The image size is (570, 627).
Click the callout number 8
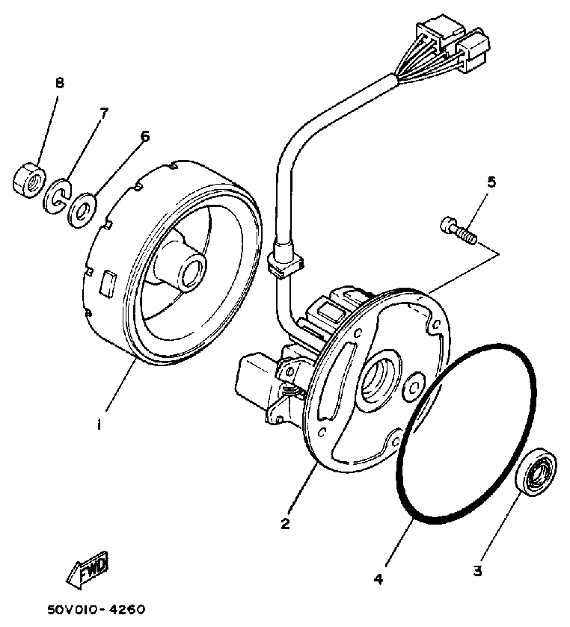tap(59, 83)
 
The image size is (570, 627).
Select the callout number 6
tap(144, 136)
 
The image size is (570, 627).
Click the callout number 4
tap(379, 578)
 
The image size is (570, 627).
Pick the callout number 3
tap(477, 572)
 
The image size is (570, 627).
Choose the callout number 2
tap(285, 524)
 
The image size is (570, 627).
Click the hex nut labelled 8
tap(27, 179)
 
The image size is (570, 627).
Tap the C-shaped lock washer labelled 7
tap(57, 194)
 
